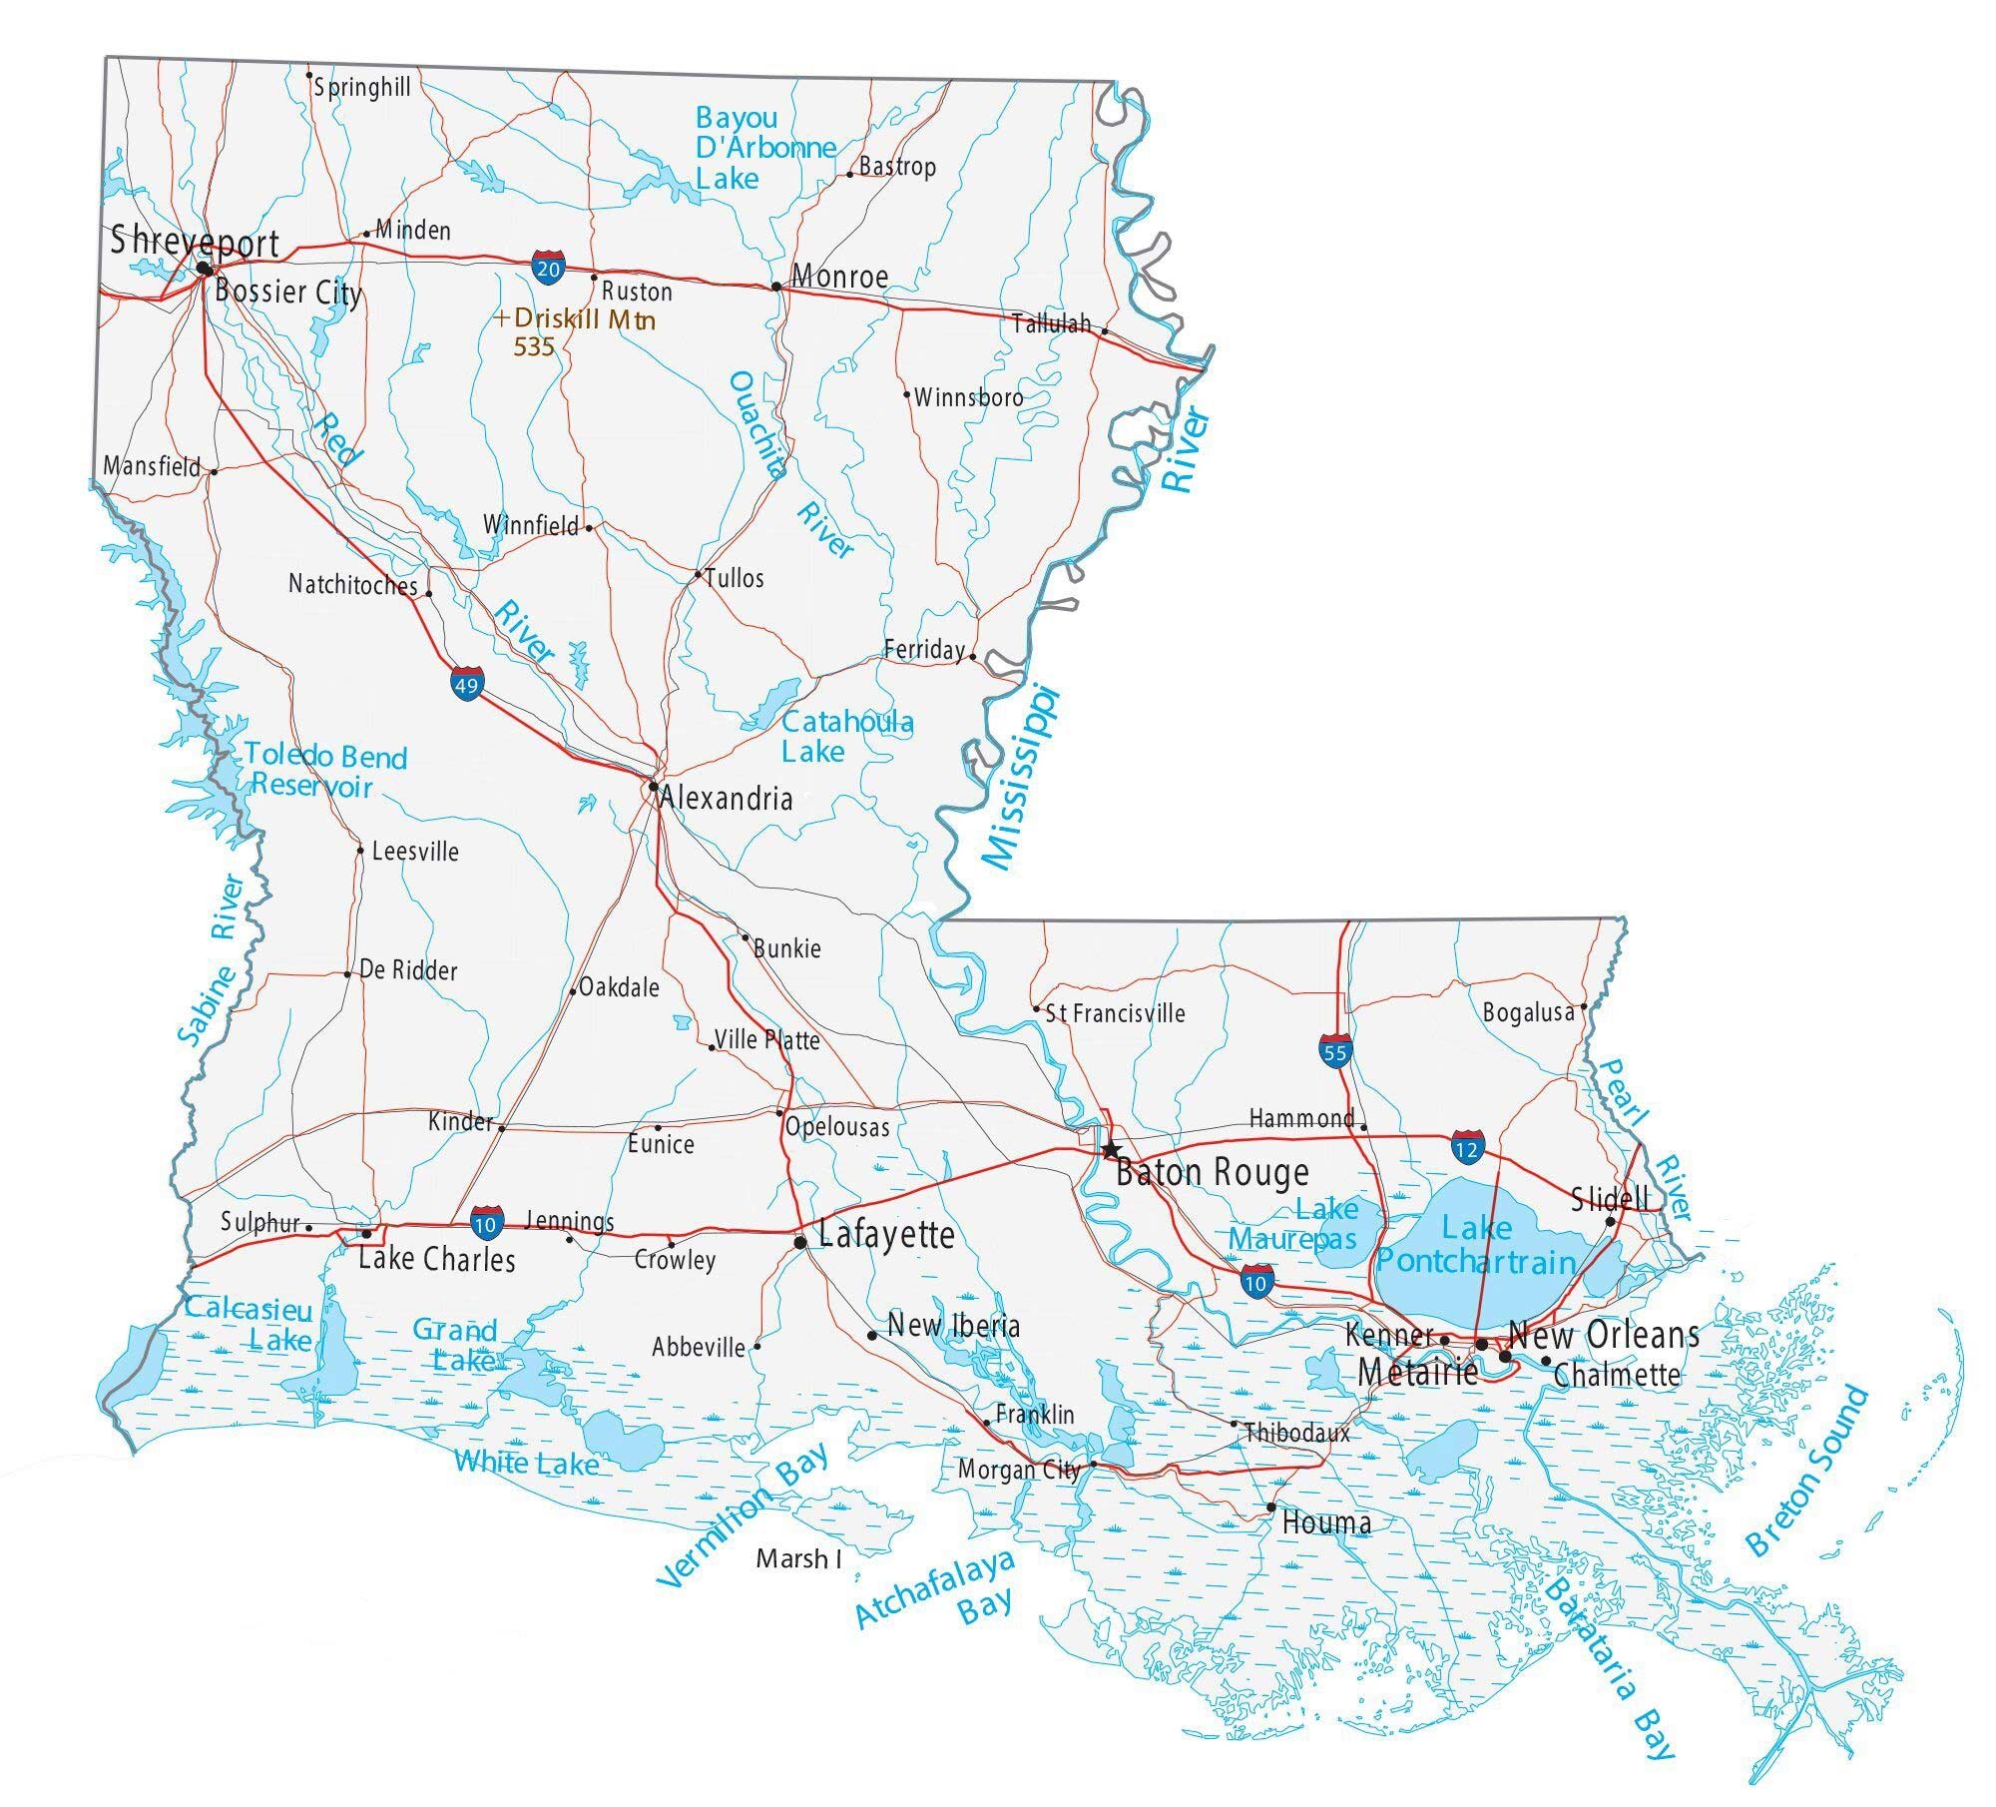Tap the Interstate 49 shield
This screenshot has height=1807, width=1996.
pyautogui.click(x=466, y=685)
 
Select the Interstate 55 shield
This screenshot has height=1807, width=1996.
pyautogui.click(x=1334, y=1052)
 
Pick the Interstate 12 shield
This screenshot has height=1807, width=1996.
pyautogui.click(x=1467, y=1149)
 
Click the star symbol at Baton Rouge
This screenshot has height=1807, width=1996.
pyautogui.click(x=1111, y=1150)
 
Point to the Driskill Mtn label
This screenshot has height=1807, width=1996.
pyautogui.click(x=584, y=320)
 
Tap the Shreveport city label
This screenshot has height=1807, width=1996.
pyautogui.click(x=195, y=242)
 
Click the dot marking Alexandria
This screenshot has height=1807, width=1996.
pyautogui.click(x=653, y=787)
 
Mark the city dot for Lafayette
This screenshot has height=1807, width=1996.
pyautogui.click(x=799, y=1242)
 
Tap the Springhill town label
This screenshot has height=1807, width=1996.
pyautogui.click(x=361, y=88)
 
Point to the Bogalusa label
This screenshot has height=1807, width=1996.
pyautogui.click(x=1528, y=1012)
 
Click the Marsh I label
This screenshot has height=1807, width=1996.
pyautogui.click(x=798, y=1558)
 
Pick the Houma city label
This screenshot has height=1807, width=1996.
pyautogui.click(x=1325, y=1522)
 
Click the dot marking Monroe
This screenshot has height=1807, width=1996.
pyautogui.click(x=776, y=287)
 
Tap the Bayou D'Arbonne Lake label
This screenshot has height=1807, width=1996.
pyautogui.click(x=763, y=148)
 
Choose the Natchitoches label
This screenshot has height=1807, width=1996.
pyautogui.click(x=352, y=584)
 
